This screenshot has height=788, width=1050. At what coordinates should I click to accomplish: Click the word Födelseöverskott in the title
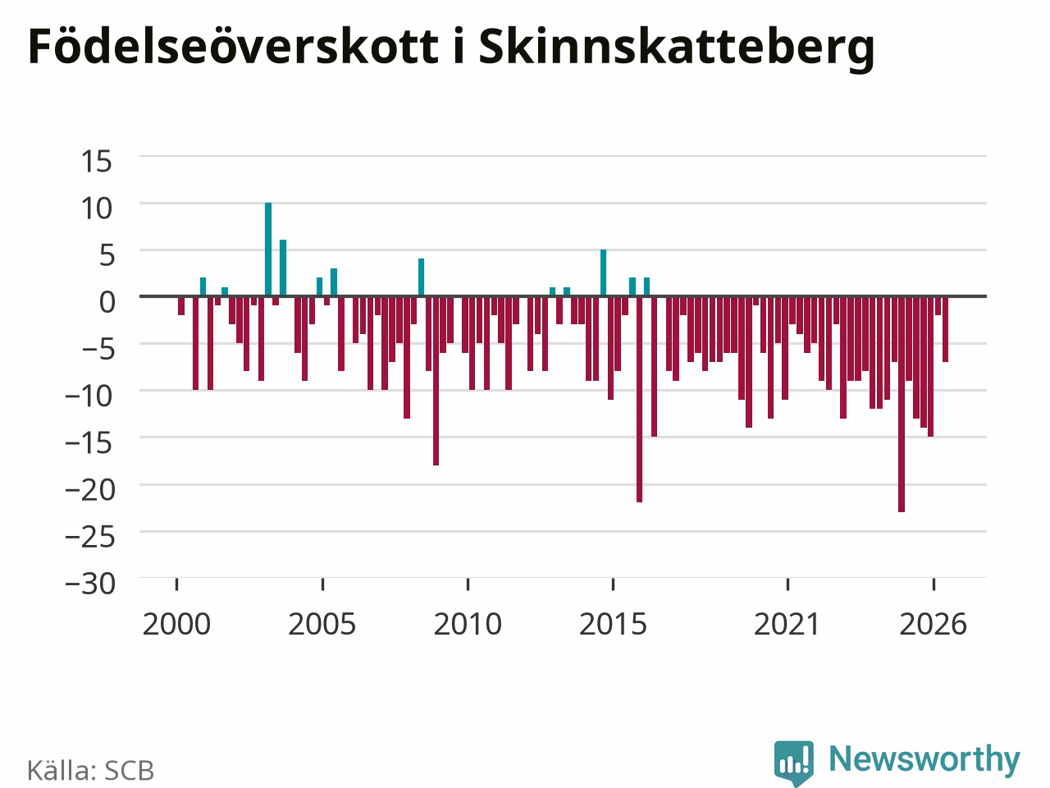[x=234, y=46]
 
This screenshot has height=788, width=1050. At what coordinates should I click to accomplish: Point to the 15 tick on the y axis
[x=96, y=161]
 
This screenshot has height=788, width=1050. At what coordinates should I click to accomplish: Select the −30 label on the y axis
[x=90, y=584]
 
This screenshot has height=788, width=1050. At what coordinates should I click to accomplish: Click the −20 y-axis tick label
[x=90, y=489]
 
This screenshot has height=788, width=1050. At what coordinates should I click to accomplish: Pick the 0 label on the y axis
[x=107, y=302]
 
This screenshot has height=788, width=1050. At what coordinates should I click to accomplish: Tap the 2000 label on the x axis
[x=176, y=625]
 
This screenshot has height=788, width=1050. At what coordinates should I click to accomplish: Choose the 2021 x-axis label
[x=787, y=625]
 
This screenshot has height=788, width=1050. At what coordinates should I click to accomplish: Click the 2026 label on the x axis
[x=933, y=625]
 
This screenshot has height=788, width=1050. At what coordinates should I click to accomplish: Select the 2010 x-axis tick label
[x=468, y=625]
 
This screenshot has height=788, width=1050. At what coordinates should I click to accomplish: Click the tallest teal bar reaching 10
[x=268, y=250]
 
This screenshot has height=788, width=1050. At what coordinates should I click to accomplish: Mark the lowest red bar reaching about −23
[x=902, y=405]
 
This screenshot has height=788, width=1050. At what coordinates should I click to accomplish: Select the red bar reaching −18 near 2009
[x=436, y=381]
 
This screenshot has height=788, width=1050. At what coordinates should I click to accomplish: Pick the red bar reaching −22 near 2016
[x=640, y=400]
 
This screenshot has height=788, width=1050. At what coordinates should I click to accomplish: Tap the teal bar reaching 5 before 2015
[x=603, y=273]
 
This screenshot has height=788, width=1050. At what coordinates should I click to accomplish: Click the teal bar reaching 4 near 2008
[x=421, y=277]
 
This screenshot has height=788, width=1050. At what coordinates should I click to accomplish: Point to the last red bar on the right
[x=945, y=329]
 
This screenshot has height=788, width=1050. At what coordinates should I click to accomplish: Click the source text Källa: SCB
[x=90, y=770]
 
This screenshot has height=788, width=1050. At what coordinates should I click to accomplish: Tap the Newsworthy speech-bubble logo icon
[x=793, y=763]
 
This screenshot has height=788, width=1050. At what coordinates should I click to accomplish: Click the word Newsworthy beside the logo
[x=924, y=760]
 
